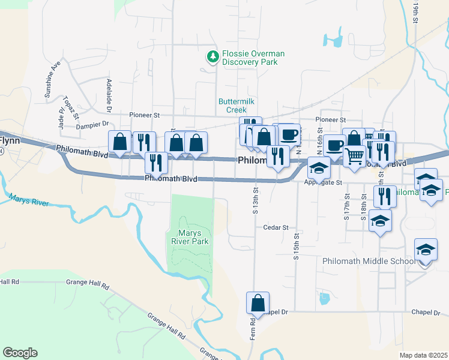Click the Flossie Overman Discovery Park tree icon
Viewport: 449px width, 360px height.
click(x=212, y=57)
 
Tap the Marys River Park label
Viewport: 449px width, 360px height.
click(x=193, y=237)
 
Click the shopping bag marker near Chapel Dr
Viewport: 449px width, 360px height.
click(x=258, y=303)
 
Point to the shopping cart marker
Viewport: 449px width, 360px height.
click(x=355, y=155)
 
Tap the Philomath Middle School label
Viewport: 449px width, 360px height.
click(x=368, y=261)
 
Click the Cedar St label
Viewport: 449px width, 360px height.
click(x=276, y=227)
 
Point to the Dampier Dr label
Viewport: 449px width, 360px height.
click(x=91, y=126)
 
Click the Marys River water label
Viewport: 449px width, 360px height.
click(x=29, y=200)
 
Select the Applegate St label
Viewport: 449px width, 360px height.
click(x=322, y=182)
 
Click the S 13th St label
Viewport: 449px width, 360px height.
click(x=255, y=201)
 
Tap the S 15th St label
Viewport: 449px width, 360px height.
click(x=296, y=247)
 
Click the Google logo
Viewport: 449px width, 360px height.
click(x=20, y=353)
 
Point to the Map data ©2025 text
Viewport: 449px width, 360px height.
click(x=424, y=355)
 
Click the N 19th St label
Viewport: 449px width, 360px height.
click(x=415, y=11)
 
